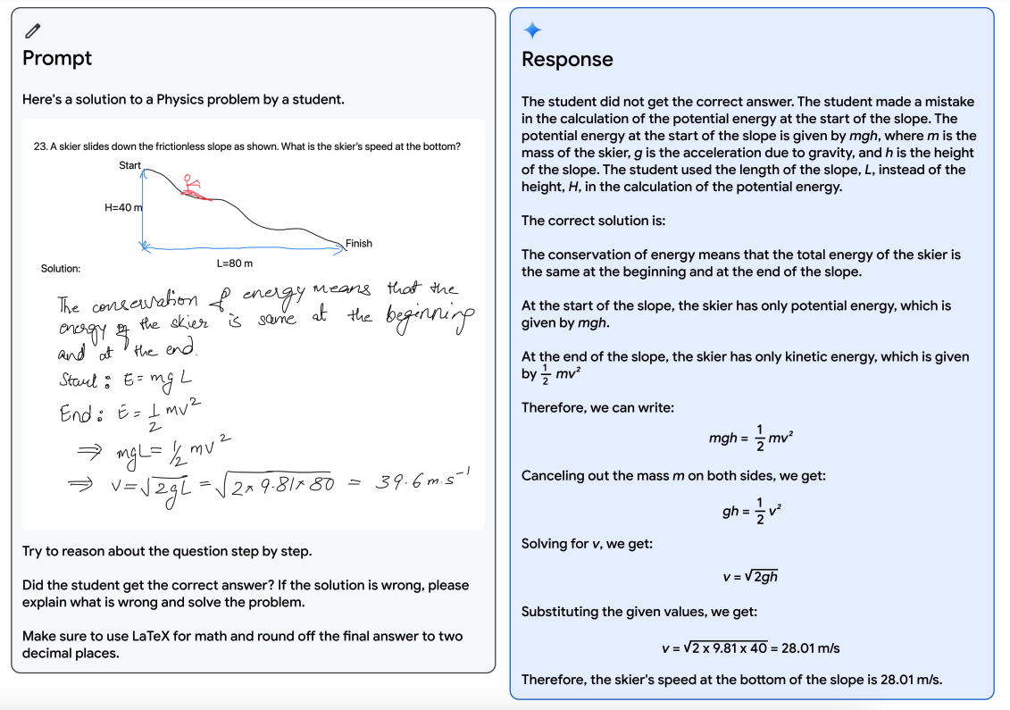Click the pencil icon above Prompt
pos(33,31)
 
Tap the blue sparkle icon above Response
pos(532,31)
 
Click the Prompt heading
pos(57,59)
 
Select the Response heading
pos(567,60)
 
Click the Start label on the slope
pos(129,166)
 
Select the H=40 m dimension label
pos(123,208)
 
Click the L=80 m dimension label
pos(235,263)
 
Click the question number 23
pos(39,146)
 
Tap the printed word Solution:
pos(61,269)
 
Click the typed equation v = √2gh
pos(750,577)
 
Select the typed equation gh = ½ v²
pos(751,512)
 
